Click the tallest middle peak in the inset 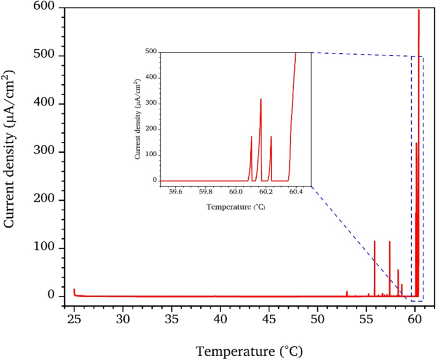pyautogui.click(x=261, y=99)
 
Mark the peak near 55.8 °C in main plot pyautogui.click(x=375, y=241)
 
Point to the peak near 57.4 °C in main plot pyautogui.click(x=390, y=242)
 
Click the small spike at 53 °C pyautogui.click(x=347, y=291)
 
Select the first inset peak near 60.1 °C pyautogui.click(x=251, y=137)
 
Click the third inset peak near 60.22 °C pyautogui.click(x=271, y=137)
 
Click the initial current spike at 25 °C pyautogui.click(x=74, y=290)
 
